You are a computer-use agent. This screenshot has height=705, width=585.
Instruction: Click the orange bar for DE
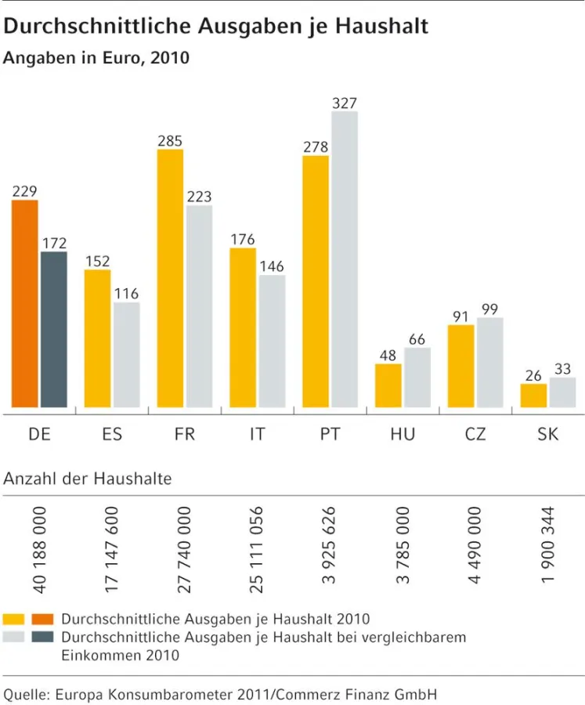(x=25, y=304)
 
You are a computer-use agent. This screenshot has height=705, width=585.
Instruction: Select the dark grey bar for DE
(x=54, y=330)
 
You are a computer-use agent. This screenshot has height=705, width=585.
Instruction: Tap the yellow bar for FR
(x=170, y=279)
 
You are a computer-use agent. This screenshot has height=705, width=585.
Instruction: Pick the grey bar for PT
(x=345, y=259)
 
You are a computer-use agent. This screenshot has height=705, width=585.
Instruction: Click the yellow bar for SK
(x=533, y=396)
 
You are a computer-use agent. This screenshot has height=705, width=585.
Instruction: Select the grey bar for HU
(x=417, y=378)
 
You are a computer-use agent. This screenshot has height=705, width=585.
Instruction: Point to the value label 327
(x=345, y=103)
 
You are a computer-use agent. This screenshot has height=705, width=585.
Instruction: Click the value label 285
(x=170, y=141)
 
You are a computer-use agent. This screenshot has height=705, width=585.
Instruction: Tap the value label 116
(x=126, y=294)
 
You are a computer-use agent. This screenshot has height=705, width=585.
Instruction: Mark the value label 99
(x=490, y=309)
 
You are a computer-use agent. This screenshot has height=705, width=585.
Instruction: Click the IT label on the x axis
(x=257, y=433)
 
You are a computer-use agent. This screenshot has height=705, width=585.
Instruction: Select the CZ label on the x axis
(x=475, y=433)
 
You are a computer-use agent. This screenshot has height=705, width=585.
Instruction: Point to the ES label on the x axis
(x=112, y=433)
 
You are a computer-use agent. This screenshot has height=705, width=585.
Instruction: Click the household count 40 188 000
(x=40, y=548)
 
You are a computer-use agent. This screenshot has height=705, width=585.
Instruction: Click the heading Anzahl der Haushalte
(x=88, y=479)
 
